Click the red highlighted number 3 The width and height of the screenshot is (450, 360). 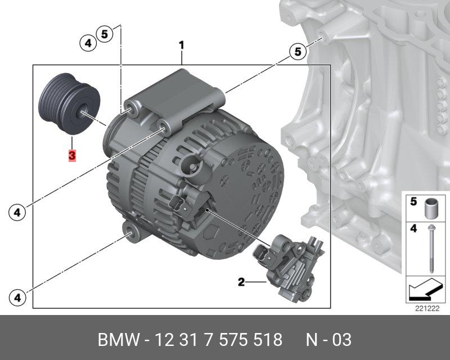(x=72, y=156)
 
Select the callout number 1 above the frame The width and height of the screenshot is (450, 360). (x=181, y=46)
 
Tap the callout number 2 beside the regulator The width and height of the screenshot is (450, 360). (x=241, y=282)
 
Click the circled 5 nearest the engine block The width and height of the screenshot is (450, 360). (x=298, y=52)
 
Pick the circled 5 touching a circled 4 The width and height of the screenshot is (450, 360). (x=105, y=34)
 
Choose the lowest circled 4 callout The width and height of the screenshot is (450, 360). (x=17, y=298)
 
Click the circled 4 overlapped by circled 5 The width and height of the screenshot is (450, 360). (x=88, y=43)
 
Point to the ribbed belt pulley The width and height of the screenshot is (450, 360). (x=69, y=103)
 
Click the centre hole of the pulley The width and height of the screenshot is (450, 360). (x=83, y=112)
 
